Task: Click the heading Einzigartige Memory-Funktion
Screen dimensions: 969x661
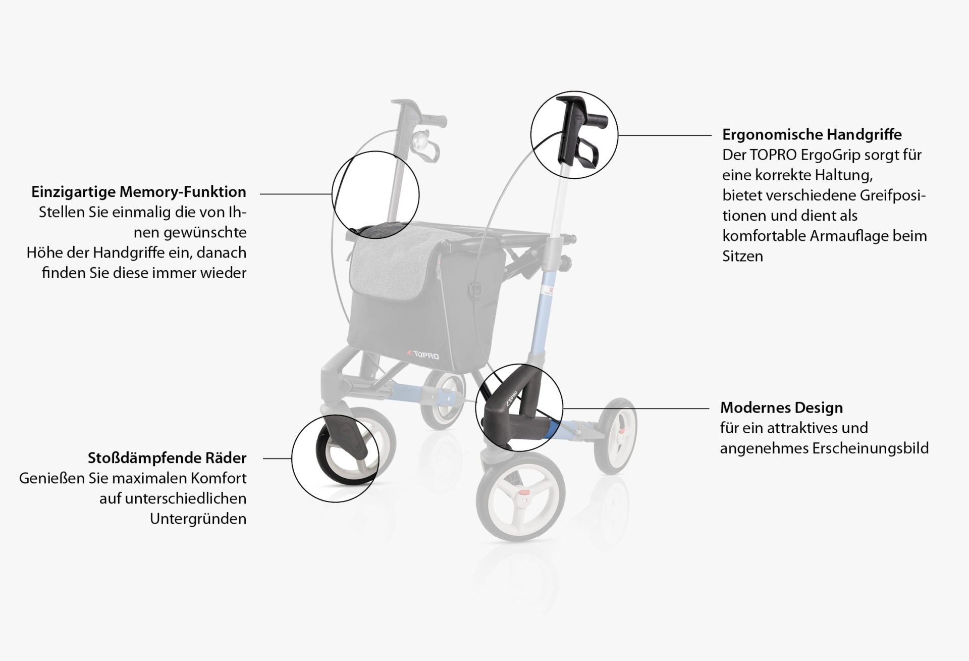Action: [139, 192]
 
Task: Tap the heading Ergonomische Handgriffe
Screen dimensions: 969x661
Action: [812, 135]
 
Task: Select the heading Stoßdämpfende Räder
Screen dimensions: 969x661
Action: [167, 458]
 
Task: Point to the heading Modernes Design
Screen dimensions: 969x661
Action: [781, 408]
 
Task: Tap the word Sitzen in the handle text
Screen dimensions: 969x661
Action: [742, 256]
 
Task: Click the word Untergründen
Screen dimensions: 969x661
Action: [198, 519]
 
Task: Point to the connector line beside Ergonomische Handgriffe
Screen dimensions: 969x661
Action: [665, 135]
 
